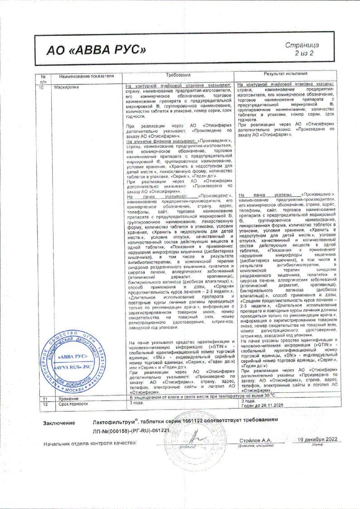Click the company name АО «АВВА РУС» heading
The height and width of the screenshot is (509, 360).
(97, 49)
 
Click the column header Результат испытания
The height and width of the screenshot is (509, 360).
(286, 73)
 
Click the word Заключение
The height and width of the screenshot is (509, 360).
(59, 423)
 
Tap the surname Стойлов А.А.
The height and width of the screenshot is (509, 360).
(255, 440)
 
